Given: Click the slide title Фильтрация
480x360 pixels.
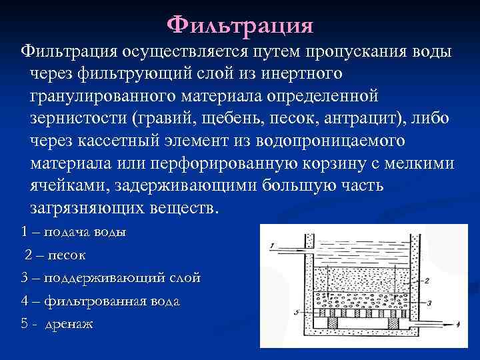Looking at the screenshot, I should (239, 25).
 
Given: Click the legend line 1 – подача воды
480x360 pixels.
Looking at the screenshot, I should (73, 233).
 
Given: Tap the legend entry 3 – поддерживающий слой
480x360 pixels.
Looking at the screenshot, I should (111, 278).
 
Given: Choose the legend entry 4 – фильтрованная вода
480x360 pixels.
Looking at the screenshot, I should (100, 301).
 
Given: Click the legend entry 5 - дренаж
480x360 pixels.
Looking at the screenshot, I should (57, 324).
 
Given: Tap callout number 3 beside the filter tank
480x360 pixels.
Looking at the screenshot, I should (429, 302).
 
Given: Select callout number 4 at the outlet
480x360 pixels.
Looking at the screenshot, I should (459, 325).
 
